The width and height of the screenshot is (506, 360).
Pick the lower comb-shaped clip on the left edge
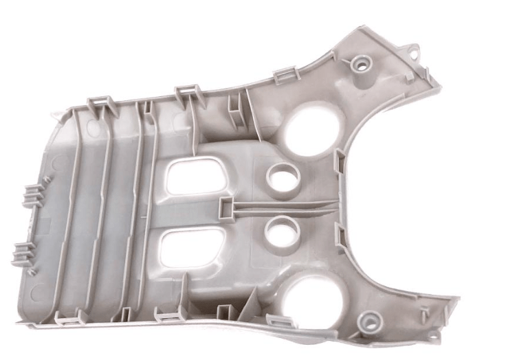[23, 254]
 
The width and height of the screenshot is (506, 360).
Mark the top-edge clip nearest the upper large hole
[285, 74]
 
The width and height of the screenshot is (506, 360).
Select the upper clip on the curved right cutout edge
[340, 162]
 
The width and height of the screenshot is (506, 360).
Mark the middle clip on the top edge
[187, 91]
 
